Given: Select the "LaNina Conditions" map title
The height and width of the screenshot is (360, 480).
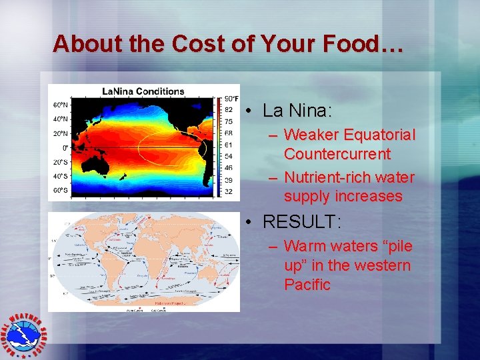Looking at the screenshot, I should click(x=143, y=91).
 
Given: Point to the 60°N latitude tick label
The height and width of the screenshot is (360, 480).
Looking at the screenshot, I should click(x=60, y=105).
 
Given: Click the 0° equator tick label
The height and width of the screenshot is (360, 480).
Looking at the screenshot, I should click(x=65, y=147).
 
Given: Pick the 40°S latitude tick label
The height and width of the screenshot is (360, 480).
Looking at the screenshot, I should click(x=60, y=177).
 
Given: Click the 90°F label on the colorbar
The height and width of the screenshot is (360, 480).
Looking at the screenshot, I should click(x=231, y=98).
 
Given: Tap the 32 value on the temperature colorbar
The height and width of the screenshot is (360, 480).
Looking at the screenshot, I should click(x=228, y=192).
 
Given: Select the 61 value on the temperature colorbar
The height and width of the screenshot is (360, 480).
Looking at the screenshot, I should click(x=228, y=145).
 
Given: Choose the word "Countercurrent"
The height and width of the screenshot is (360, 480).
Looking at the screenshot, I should click(x=337, y=154).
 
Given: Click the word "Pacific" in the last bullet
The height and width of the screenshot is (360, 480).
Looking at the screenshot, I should click(x=307, y=285).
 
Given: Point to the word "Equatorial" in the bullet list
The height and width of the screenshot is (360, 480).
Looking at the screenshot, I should click(x=379, y=135).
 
